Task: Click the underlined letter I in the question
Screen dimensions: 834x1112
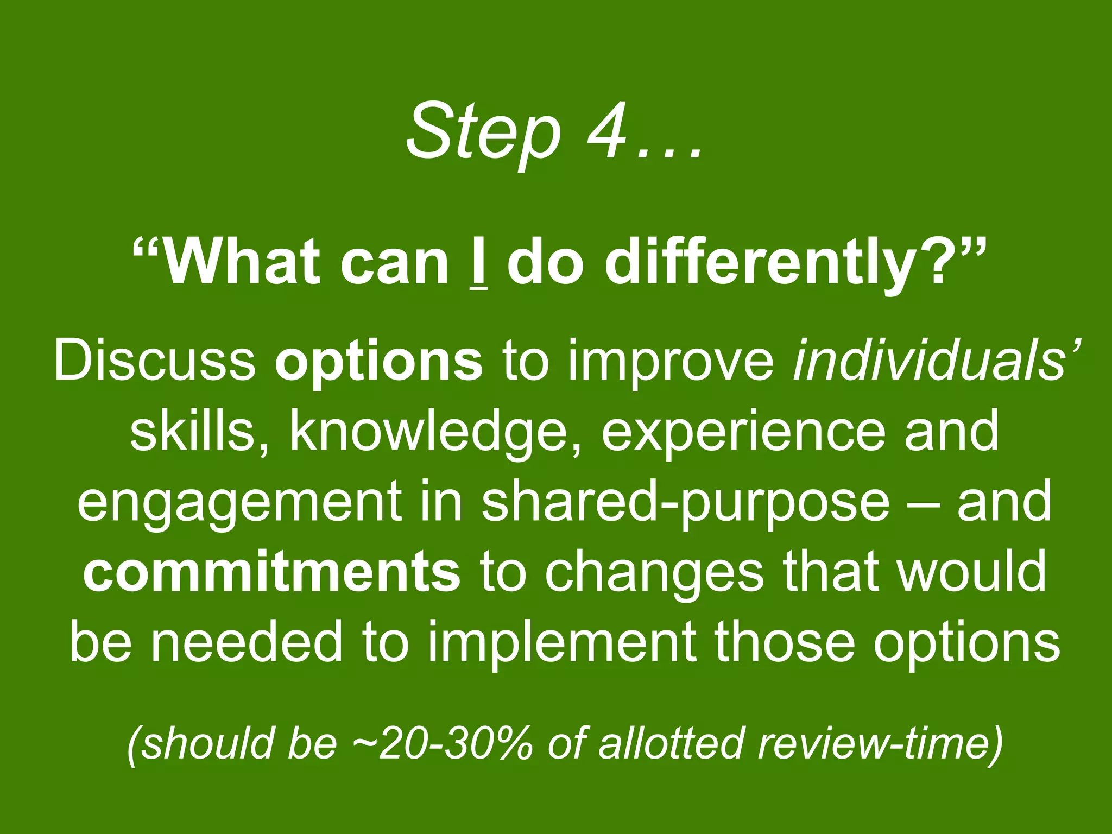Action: click(478, 263)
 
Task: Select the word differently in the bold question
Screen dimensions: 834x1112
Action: click(759, 263)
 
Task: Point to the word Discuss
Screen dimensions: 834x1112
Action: click(155, 360)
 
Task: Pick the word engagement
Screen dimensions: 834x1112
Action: click(239, 502)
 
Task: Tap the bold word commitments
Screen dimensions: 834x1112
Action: click(272, 571)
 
